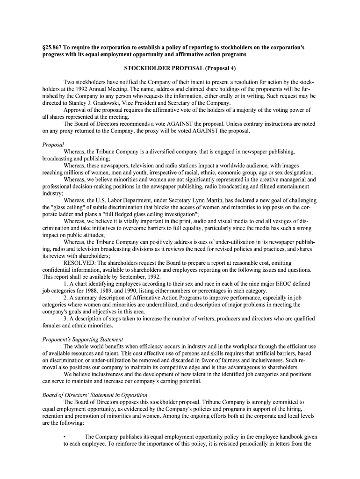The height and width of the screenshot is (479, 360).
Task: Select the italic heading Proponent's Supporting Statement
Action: coord(83,339)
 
